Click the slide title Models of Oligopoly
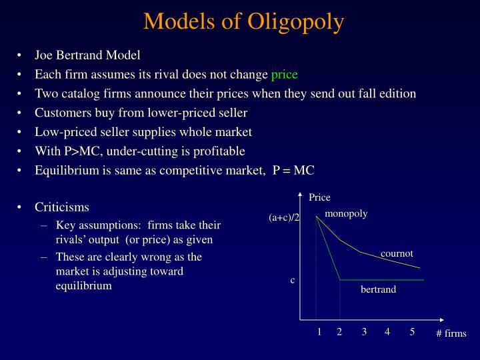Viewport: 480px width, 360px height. [x=243, y=21]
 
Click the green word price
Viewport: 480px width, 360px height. [x=285, y=74]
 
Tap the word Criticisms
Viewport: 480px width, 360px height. [x=62, y=207]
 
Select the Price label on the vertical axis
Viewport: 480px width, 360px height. [x=319, y=197]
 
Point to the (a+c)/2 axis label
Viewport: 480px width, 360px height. [x=285, y=218]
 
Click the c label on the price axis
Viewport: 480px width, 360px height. [x=292, y=280]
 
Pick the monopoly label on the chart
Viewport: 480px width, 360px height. [x=346, y=214]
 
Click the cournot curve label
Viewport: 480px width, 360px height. [x=397, y=253]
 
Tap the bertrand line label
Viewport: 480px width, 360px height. [x=378, y=289]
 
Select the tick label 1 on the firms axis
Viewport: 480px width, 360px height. [x=319, y=332]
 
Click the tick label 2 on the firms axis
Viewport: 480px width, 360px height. [x=339, y=332]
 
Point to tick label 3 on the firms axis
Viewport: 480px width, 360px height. [x=365, y=332]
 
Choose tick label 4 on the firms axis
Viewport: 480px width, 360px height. [x=387, y=332]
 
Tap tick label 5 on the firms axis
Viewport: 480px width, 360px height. [x=413, y=332]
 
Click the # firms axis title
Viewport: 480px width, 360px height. [x=451, y=333]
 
